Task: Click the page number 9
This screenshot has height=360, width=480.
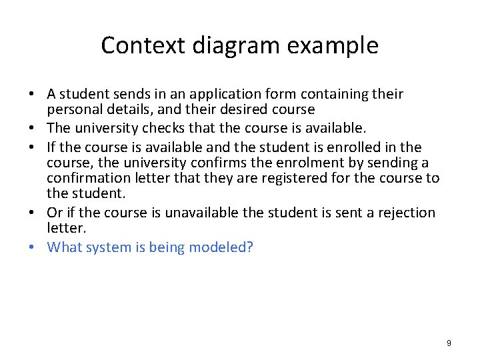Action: click(449, 343)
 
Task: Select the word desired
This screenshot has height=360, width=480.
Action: click(220, 109)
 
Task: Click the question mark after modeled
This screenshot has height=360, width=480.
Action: click(250, 247)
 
